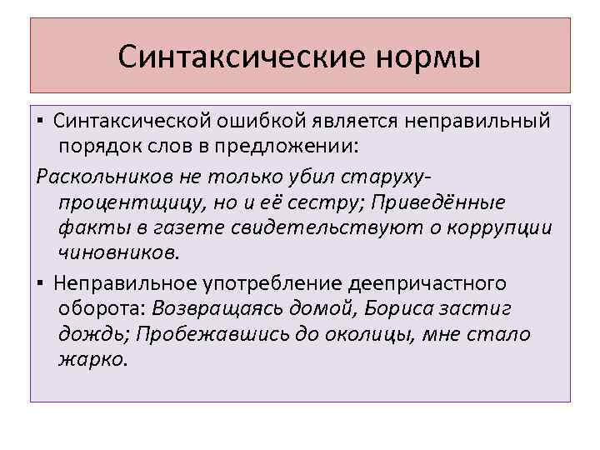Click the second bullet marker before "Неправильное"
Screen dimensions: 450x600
click(x=42, y=284)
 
